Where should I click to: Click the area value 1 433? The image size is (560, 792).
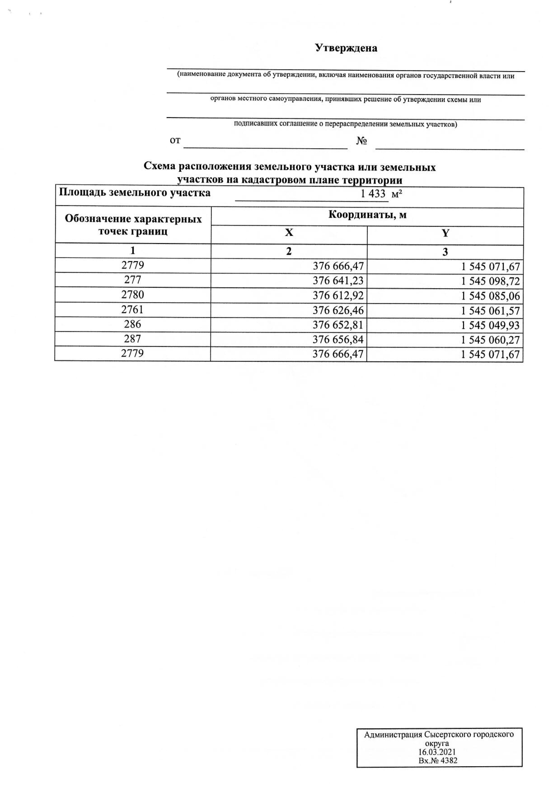(373, 194)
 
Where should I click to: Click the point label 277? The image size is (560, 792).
(133, 280)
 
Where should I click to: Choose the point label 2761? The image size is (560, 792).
(133, 310)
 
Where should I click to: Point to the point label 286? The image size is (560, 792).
(133, 324)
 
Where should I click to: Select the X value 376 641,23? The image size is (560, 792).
(338, 280)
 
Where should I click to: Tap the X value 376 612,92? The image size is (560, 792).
(338, 296)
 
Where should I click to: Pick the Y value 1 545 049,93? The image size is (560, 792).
(490, 326)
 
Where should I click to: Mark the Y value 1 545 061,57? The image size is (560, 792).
(490, 311)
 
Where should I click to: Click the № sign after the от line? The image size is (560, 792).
(361, 141)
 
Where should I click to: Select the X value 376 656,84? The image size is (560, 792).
(338, 340)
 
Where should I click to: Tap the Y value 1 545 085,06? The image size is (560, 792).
(490, 296)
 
